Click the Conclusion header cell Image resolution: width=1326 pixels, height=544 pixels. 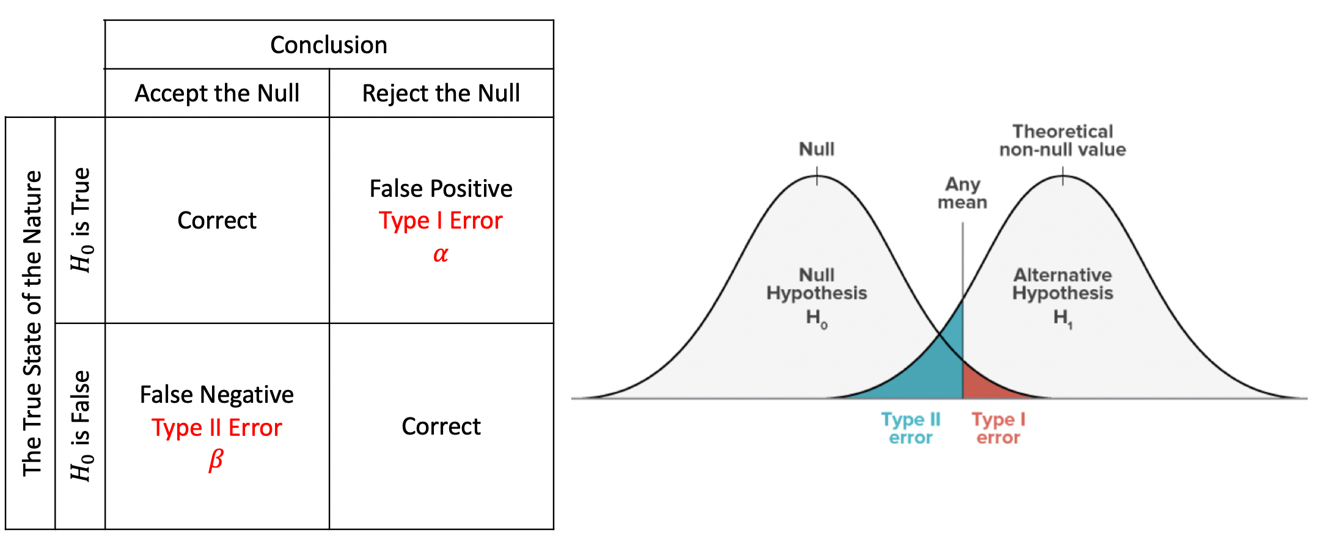pyautogui.click(x=329, y=45)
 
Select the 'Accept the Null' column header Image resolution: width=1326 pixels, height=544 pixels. pyautogui.click(x=217, y=93)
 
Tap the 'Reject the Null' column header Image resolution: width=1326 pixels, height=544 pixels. pyautogui.click(x=441, y=93)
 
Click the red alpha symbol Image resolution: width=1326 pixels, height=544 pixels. pyautogui.click(x=441, y=254)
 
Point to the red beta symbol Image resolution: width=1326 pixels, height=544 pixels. pyautogui.click(x=216, y=460)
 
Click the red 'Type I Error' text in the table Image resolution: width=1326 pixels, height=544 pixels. pyautogui.click(x=441, y=221)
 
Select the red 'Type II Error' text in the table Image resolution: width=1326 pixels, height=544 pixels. pyautogui.click(x=217, y=427)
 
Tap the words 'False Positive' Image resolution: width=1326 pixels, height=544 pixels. pyautogui.click(x=441, y=188)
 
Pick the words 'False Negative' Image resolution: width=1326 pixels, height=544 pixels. pyautogui.click(x=217, y=394)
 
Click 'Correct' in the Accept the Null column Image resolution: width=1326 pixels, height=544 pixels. pyautogui.click(x=217, y=220)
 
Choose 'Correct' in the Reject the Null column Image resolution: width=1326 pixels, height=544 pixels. pyautogui.click(x=441, y=426)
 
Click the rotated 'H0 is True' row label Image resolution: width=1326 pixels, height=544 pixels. pyautogui.click(x=81, y=220)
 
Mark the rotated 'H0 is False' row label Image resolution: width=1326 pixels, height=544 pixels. pyautogui.click(x=81, y=426)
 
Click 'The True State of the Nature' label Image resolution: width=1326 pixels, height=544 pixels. pyautogui.click(x=32, y=323)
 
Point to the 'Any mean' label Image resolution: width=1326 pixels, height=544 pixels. pyautogui.click(x=962, y=193)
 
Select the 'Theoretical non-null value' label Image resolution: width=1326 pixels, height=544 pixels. pyautogui.click(x=1063, y=141)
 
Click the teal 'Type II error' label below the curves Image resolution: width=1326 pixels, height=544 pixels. pyautogui.click(x=910, y=428)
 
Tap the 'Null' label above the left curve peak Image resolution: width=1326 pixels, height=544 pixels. pyautogui.click(x=816, y=149)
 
